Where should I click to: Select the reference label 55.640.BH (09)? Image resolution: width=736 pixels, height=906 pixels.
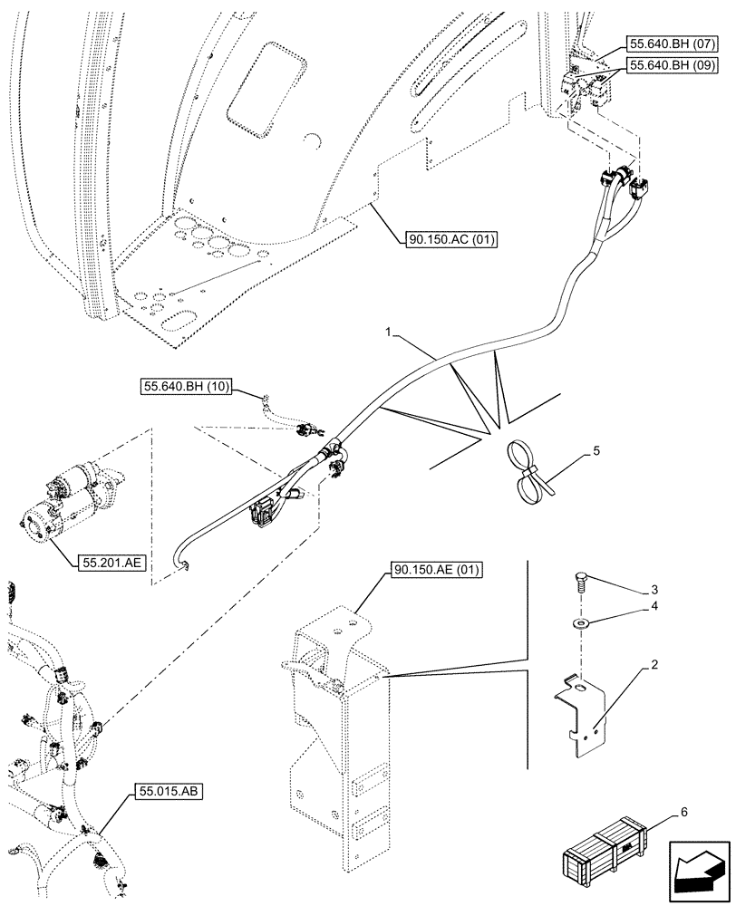[671, 66]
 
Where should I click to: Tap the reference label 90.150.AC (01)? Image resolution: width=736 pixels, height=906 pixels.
[441, 239]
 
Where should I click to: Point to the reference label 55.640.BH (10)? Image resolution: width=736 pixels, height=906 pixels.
[187, 388]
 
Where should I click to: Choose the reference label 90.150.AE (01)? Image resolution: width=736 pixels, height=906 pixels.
[437, 570]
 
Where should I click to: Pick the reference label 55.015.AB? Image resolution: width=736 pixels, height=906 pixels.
[170, 792]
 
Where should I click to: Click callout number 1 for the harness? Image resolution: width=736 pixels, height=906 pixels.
[387, 334]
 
